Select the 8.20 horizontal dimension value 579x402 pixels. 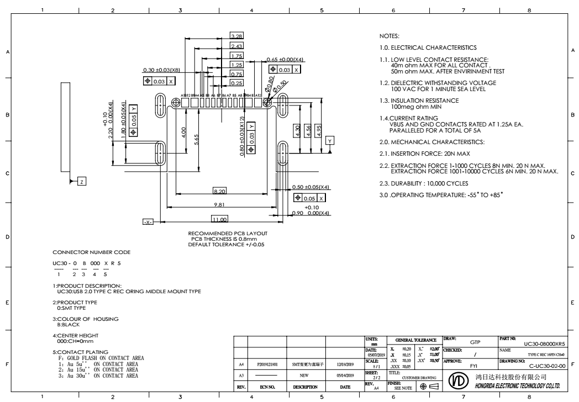pos(219,191)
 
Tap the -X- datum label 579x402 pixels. pos(148,221)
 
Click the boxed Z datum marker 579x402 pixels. pos(81,181)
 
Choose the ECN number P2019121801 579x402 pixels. pos(270,365)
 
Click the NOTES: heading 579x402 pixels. pos(382,35)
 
